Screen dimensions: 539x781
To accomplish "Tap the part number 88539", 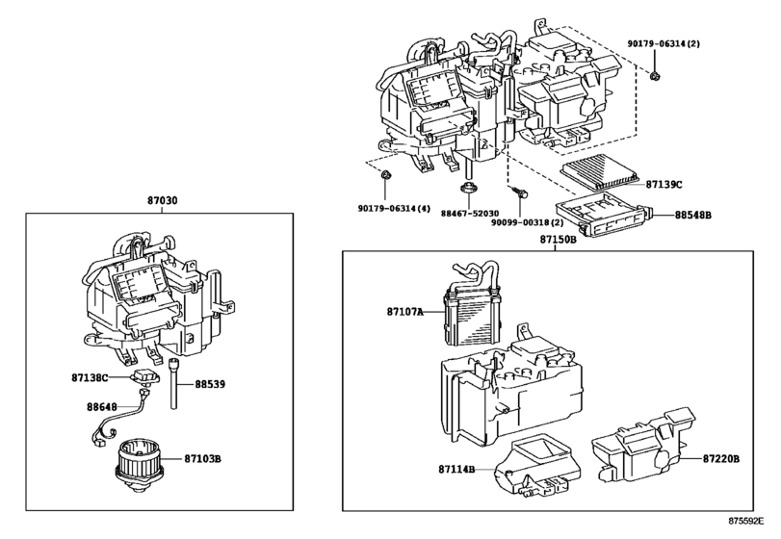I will click(209, 383).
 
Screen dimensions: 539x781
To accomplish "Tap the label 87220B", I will click(720, 458).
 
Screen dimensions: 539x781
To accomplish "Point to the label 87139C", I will click(664, 183).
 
